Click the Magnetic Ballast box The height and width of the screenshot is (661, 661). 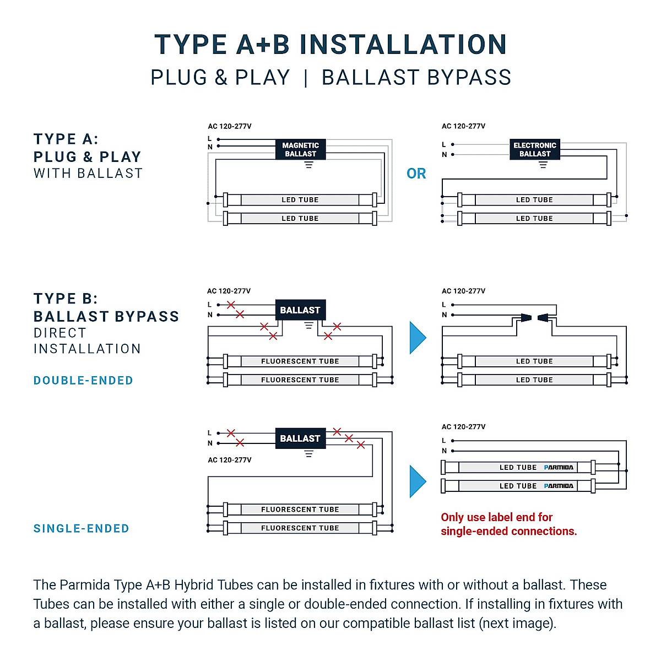300,149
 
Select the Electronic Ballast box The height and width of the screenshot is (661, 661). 535,149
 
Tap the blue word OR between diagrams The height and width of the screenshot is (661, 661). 416,174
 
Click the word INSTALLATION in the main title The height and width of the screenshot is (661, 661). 403,45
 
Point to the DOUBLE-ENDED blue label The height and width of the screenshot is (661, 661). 83,381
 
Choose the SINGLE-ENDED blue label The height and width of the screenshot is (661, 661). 82,529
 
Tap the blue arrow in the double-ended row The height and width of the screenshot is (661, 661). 418,338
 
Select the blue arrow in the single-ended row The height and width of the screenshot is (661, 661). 418,481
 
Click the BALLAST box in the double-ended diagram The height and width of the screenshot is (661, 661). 300,310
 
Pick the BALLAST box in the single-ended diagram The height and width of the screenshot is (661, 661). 300,438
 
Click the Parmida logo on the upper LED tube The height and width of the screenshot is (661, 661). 559,468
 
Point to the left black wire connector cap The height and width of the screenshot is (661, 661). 526,317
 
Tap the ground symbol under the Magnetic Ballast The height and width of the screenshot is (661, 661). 309,165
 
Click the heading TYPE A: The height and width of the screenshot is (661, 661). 66,139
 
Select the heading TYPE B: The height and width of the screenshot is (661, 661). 66,299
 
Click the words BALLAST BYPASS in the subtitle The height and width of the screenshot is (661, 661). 416,78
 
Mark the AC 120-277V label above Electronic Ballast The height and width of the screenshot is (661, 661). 463,126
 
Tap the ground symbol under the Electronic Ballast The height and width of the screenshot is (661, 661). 543,165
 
